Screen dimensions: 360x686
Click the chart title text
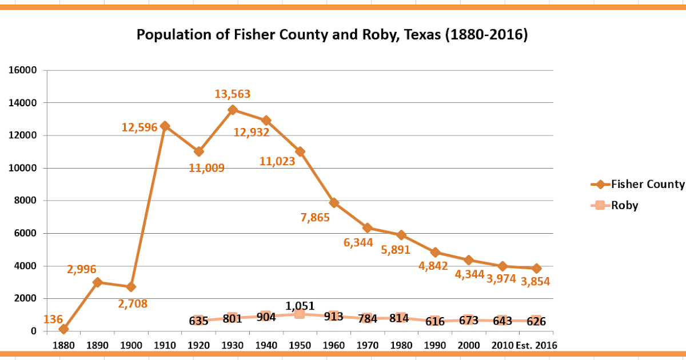tap(332, 35)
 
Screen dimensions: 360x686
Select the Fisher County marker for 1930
tap(232, 110)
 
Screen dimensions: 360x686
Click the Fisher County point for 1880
tap(63, 329)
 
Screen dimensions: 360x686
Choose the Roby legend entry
tap(624, 206)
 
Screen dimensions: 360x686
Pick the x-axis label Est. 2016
tap(536, 345)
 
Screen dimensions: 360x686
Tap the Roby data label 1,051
tap(300, 306)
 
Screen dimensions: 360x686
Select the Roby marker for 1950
tap(300, 314)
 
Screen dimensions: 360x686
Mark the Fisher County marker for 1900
tap(131, 287)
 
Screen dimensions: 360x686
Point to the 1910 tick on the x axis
tap(165, 345)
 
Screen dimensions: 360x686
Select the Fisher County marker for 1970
tap(367, 228)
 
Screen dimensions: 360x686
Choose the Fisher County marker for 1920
tap(198, 151)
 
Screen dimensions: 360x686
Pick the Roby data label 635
tap(198, 321)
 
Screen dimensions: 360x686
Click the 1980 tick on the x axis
tap(401, 345)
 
